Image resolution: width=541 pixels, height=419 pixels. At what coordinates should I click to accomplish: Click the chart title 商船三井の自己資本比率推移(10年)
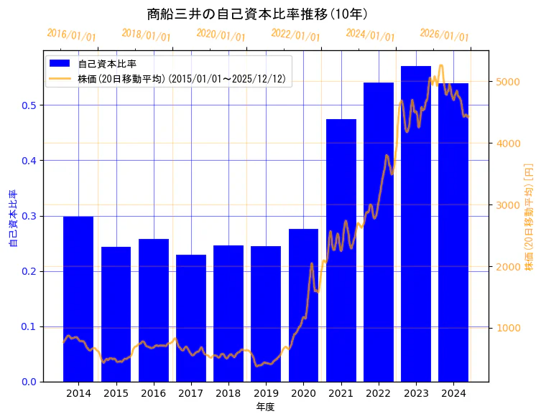point(257,14)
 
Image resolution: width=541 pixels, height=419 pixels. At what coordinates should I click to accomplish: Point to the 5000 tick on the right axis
point(507,82)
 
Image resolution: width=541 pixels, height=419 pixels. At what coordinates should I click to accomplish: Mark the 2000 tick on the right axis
point(507,267)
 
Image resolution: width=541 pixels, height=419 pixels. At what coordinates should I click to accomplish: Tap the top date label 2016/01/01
point(71,35)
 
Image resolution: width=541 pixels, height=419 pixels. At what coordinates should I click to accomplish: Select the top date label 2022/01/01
point(295,35)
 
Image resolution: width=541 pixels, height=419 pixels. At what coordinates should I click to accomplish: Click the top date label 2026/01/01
point(444,35)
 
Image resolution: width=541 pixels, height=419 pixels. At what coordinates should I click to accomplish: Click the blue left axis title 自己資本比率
point(12,218)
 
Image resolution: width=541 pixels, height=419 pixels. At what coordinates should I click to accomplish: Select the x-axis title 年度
point(266,407)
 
